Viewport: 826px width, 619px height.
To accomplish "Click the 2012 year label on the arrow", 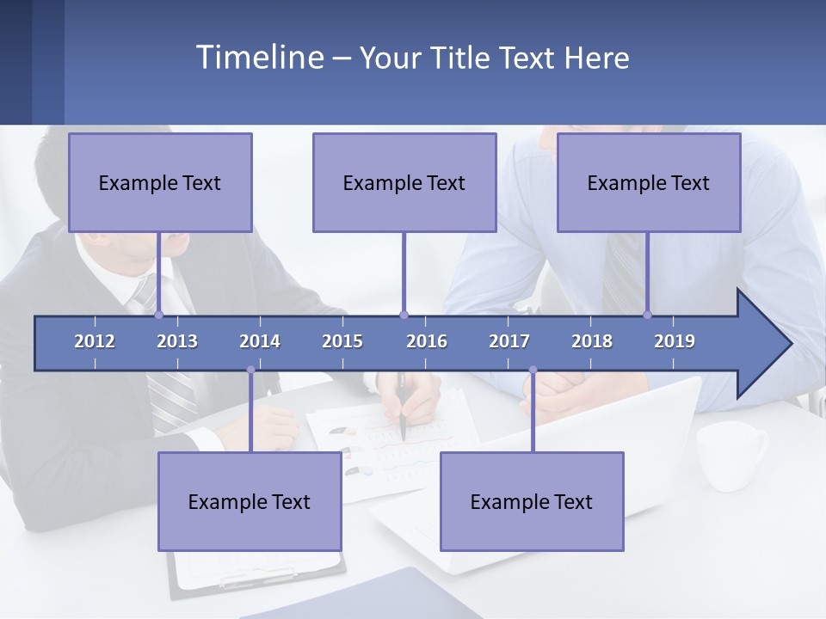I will pyautogui.click(x=95, y=341).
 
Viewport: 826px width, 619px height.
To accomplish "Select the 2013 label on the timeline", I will pyautogui.click(x=177, y=341).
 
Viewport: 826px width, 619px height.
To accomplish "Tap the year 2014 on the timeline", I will pyautogui.click(x=260, y=341).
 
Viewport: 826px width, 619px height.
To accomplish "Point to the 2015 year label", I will pyautogui.click(x=342, y=341).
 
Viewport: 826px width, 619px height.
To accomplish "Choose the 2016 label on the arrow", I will pyautogui.click(x=427, y=341).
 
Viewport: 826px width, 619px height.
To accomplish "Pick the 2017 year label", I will pyautogui.click(x=509, y=341).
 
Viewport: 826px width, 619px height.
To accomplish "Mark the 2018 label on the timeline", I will pyautogui.click(x=592, y=341).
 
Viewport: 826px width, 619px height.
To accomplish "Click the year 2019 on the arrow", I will pyautogui.click(x=675, y=341).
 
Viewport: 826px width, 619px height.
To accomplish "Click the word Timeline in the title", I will pyautogui.click(x=258, y=58).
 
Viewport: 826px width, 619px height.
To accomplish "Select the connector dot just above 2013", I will pyautogui.click(x=159, y=315).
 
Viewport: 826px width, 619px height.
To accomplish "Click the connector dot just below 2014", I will pyautogui.click(x=250, y=371).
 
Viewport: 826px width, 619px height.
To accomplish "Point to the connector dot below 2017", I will pyautogui.click(x=533, y=371).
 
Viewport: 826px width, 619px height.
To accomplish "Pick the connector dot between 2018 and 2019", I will pyautogui.click(x=648, y=315).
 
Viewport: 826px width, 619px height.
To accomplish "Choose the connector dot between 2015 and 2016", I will pyautogui.click(x=404, y=315).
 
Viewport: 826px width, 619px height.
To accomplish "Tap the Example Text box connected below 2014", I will pyautogui.click(x=250, y=501).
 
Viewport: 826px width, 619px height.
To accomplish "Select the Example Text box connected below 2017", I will pyautogui.click(x=532, y=501).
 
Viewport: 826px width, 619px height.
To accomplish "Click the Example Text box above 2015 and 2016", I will pyautogui.click(x=404, y=182).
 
